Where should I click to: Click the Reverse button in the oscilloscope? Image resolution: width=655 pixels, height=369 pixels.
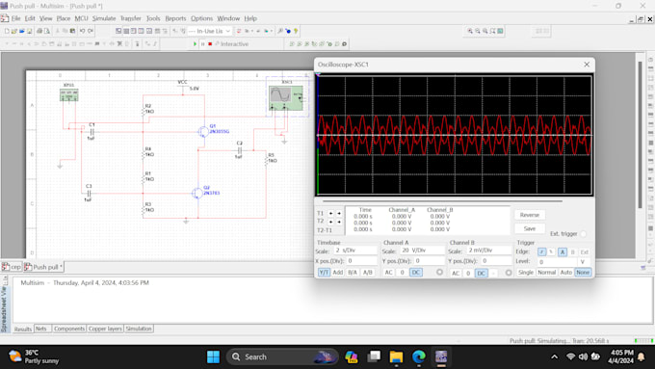(529, 215)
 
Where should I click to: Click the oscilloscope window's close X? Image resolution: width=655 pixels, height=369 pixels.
(587, 65)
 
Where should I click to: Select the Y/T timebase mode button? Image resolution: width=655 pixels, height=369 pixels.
(324, 273)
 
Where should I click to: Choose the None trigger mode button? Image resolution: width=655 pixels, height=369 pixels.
(582, 273)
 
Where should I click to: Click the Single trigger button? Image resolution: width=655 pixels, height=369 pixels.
(525, 273)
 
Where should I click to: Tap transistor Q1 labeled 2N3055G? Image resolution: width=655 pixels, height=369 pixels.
(204, 131)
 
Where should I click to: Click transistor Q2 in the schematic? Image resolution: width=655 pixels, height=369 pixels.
(198, 193)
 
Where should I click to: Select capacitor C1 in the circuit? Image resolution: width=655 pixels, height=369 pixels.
(92, 131)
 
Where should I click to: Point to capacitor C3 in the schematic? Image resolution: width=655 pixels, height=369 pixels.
(89, 193)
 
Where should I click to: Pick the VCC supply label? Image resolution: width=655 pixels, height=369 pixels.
(183, 82)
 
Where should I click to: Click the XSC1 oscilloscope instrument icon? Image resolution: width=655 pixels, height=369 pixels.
(284, 96)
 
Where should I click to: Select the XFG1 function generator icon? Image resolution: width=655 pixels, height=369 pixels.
(68, 93)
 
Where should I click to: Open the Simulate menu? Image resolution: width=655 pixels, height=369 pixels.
(104, 18)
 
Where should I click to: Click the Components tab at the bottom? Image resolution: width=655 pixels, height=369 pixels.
(69, 329)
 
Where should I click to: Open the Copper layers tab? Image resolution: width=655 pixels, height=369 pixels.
(106, 329)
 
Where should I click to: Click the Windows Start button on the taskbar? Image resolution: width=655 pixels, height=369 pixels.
(213, 356)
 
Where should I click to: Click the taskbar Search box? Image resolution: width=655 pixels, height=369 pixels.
(275, 356)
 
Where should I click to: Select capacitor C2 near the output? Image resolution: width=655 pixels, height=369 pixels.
(240, 149)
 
